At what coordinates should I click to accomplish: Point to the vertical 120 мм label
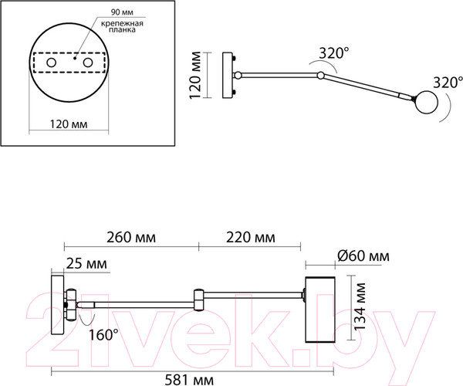198,75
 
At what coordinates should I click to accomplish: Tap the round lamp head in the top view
425,100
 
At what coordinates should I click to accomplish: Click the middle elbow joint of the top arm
320,76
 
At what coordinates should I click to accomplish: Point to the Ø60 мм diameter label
363,256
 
